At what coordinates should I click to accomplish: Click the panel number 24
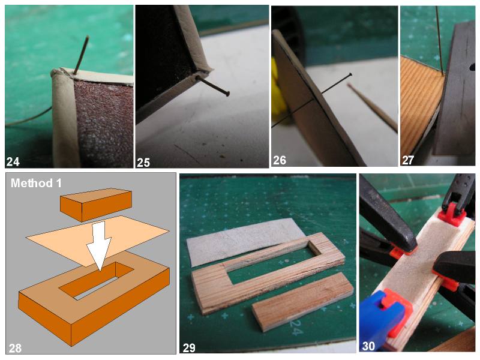(x=13, y=161)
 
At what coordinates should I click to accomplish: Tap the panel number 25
(x=143, y=162)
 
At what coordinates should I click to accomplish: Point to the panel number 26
(x=280, y=160)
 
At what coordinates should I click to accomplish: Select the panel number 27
(x=408, y=160)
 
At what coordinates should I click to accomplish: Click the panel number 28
(x=15, y=348)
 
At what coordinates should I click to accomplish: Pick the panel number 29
(x=189, y=348)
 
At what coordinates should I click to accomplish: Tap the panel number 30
(x=368, y=346)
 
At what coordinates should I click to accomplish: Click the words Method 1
(x=36, y=183)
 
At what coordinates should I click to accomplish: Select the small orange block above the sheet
(x=96, y=204)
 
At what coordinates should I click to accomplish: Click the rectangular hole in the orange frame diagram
(x=97, y=281)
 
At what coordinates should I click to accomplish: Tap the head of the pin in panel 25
(x=227, y=94)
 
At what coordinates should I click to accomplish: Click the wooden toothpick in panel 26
(x=373, y=107)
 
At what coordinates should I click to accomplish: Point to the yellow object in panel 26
(x=277, y=89)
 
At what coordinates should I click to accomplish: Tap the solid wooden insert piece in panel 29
(x=303, y=301)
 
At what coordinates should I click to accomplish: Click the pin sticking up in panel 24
(x=81, y=55)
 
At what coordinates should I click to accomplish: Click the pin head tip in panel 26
(x=350, y=74)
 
